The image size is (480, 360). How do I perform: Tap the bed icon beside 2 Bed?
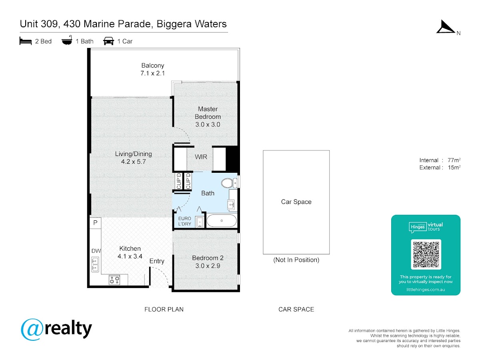26,41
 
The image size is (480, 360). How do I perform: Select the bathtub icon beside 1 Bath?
67,40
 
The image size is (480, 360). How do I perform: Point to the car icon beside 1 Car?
108,41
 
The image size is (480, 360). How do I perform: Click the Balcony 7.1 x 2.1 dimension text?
153,73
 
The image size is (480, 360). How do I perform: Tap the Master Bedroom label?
208,113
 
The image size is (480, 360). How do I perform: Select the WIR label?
201,157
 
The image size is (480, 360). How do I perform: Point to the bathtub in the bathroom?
222,220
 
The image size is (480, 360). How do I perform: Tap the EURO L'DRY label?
185,221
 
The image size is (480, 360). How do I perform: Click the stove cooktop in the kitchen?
114,280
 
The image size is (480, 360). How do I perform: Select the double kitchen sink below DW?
95,264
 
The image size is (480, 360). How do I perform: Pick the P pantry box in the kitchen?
95,223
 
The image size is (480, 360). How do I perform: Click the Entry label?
157,261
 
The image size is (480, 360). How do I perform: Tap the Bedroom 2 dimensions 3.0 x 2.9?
208,266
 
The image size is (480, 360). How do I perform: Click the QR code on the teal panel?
426,254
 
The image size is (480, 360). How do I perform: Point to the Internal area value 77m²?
454,160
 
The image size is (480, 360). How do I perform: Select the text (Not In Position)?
296,260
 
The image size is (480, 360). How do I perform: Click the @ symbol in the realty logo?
32,330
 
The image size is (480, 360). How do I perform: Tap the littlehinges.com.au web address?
426,290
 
